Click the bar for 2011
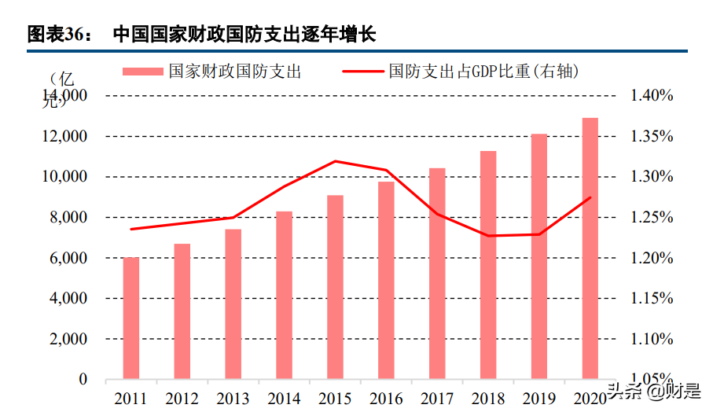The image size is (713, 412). coord(131,318)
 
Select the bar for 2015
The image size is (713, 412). coord(335,287)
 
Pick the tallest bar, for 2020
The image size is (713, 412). coord(590,248)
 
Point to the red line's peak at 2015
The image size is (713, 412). coord(336,161)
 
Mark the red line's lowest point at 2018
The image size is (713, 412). coord(488,236)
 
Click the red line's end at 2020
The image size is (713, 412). coord(590,197)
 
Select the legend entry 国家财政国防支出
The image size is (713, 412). coord(212,72)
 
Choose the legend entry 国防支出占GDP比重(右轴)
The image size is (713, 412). coord(463,72)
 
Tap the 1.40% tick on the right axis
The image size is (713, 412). coord(651,96)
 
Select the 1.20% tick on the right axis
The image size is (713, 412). coord(651,258)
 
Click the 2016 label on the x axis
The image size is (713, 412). coord(386,399)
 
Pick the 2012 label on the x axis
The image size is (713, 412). coord(182,399)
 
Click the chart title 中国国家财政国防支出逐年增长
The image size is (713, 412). coord(244,35)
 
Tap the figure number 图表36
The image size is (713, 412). coord(59,35)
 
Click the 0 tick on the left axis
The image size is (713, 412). coord(83,380)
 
